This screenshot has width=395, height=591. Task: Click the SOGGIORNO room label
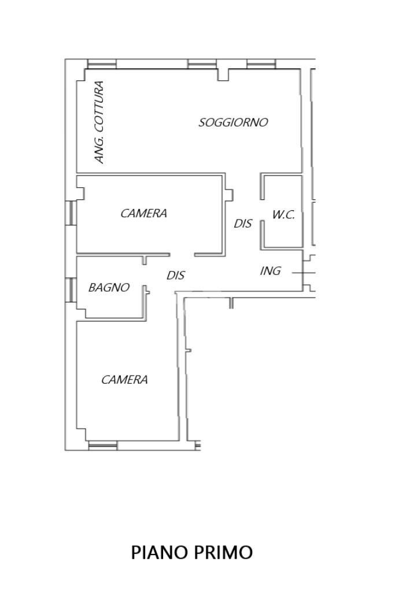point(233,122)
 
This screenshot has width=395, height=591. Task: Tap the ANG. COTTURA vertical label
point(99,122)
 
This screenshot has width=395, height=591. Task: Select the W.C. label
point(283,215)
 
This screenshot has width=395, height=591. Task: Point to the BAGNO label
point(109,287)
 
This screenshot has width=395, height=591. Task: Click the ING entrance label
point(270,270)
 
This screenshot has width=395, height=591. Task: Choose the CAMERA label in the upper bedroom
point(143,213)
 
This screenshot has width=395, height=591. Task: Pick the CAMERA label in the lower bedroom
point(124,380)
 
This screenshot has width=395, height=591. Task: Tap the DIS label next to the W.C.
point(243,223)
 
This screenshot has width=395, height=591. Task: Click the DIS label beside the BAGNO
point(176,276)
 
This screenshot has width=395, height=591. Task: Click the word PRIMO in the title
point(223,552)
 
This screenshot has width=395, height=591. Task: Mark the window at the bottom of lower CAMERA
point(102,445)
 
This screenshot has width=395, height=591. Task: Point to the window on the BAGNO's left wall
point(70,289)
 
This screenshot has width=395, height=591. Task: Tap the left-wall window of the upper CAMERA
point(70,213)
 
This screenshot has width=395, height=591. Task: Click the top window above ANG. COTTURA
point(101,64)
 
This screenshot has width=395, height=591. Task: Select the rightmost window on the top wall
point(261,64)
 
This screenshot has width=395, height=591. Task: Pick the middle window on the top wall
point(202,64)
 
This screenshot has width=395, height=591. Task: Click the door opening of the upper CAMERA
point(182,255)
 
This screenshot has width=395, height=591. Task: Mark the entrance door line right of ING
point(303,272)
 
